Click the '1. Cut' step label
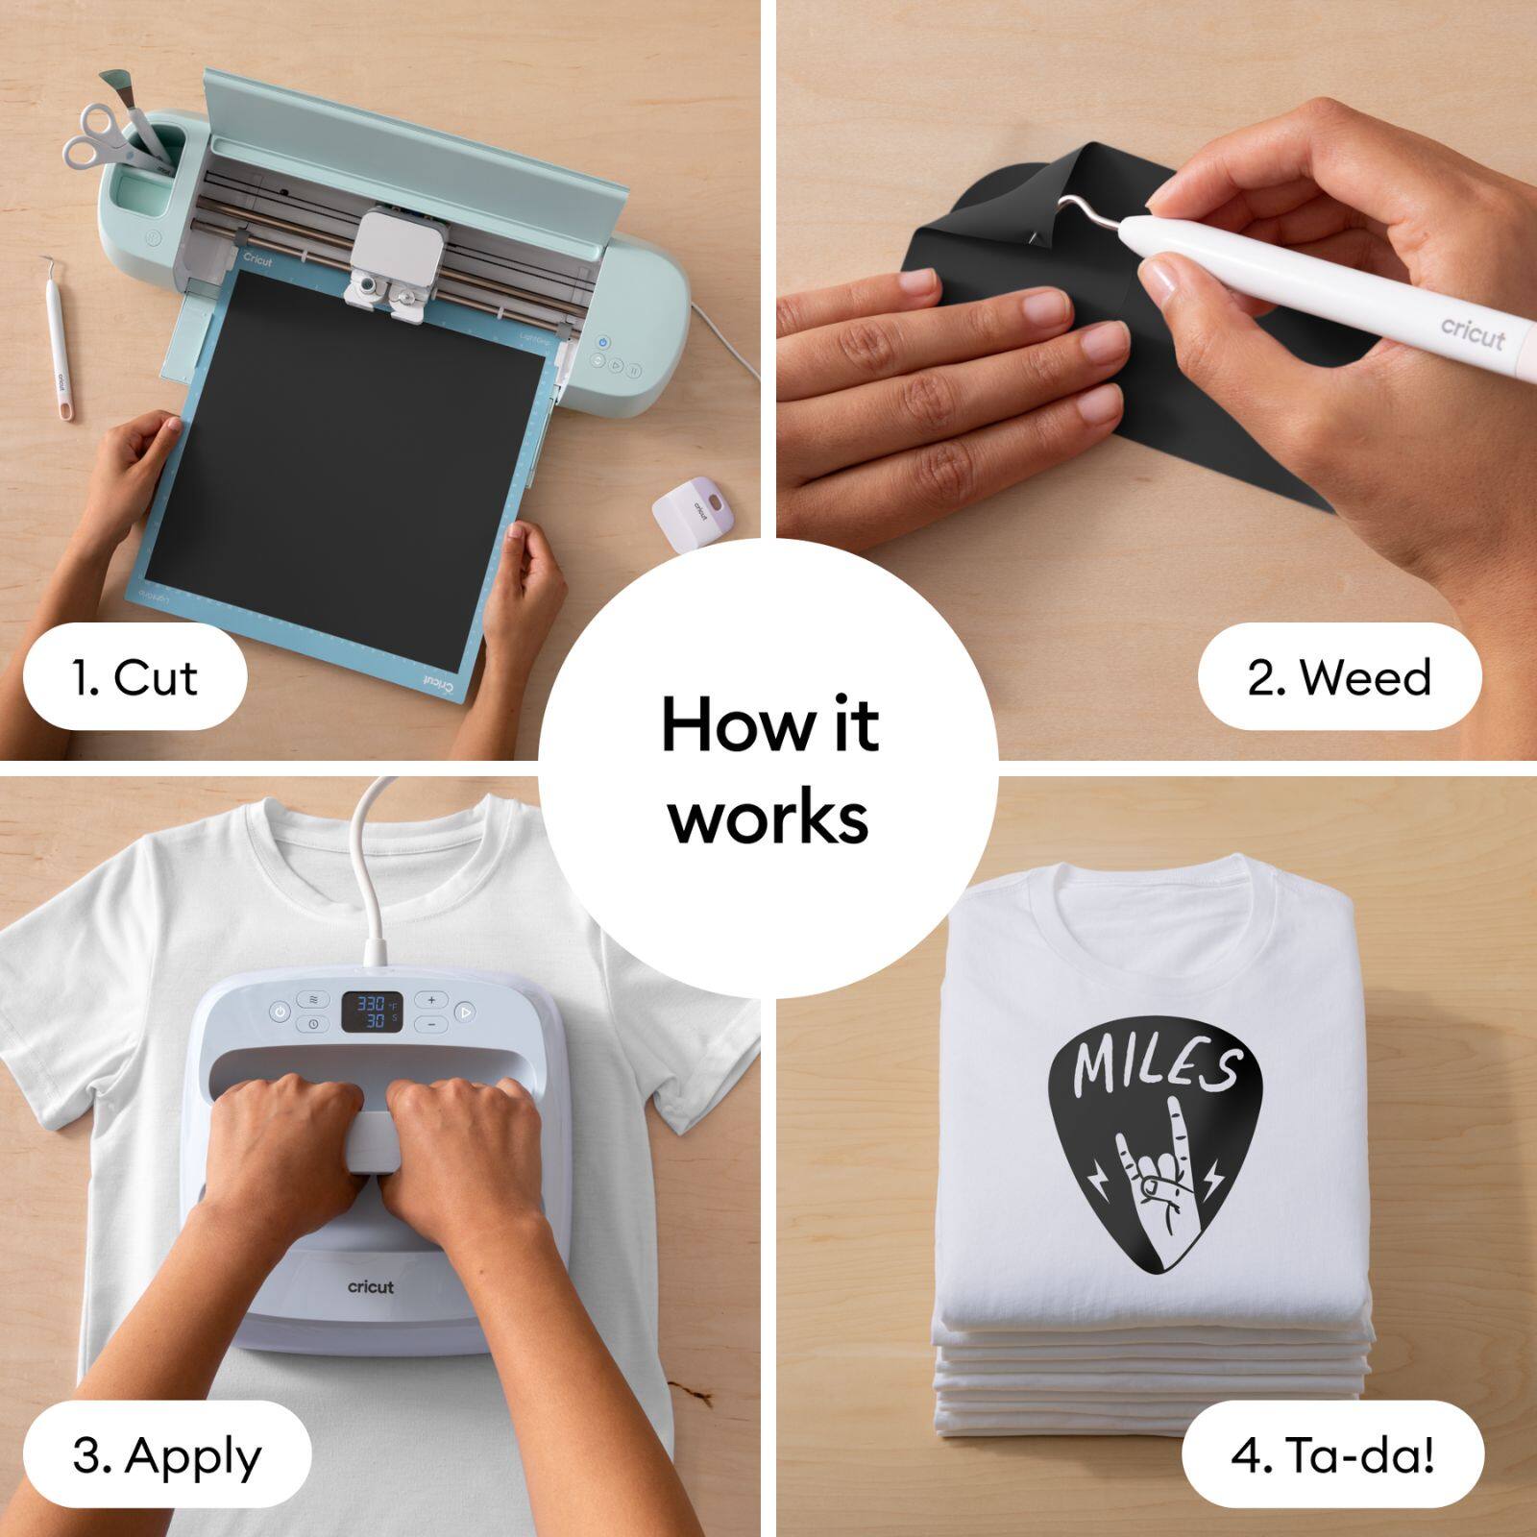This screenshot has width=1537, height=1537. point(134,677)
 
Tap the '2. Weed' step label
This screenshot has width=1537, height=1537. point(1339,677)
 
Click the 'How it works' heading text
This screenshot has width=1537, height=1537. point(768,768)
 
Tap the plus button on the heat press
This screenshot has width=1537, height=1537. point(431,1000)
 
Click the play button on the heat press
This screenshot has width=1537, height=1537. point(465,1011)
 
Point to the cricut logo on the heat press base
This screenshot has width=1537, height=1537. point(371,1286)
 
